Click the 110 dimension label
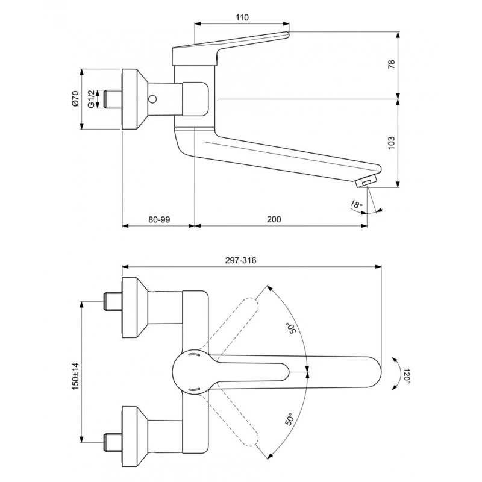pos(242,17)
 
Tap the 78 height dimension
pos(391,64)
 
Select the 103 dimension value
pos(391,143)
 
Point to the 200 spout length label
pos(274,219)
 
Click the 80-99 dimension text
pos(159,219)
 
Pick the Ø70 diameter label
pos(75,98)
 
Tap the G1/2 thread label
pos(91,99)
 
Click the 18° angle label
pos(357,204)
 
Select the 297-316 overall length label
pos(240,260)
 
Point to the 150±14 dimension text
pos(75,376)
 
